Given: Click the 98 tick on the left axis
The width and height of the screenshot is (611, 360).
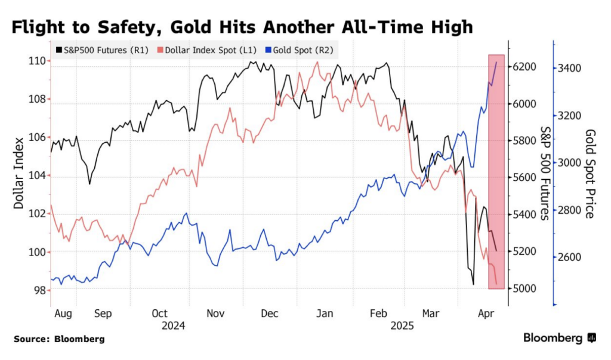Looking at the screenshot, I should point(39,290).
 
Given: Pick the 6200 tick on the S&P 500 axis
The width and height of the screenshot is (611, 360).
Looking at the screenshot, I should point(526,67).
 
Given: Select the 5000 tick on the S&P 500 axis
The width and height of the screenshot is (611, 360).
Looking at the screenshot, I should point(526,289).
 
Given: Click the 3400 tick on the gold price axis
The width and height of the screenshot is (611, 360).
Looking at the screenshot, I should point(569,69).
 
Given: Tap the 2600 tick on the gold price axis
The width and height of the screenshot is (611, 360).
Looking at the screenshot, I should point(569,257).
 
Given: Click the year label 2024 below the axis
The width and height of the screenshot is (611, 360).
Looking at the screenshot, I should point(173,326).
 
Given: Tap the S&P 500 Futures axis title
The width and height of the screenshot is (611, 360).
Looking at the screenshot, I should point(544,173).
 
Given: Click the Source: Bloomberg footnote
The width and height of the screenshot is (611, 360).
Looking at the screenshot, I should point(58,339).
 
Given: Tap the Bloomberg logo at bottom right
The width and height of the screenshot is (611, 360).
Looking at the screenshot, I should point(560,339).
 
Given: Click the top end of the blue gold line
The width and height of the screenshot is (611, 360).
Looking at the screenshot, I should point(497,61).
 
